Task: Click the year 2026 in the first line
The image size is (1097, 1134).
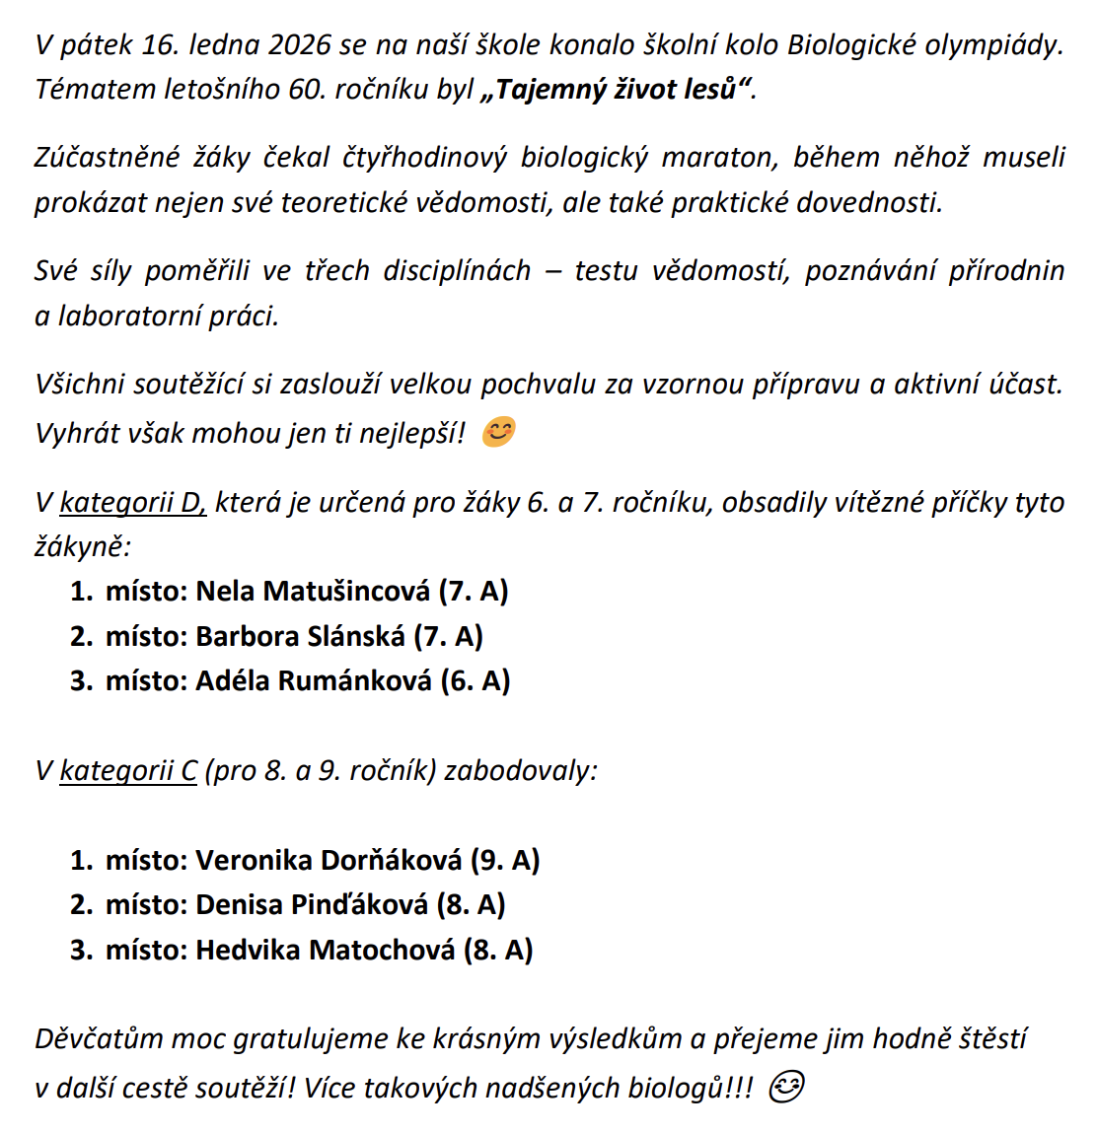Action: [299, 45]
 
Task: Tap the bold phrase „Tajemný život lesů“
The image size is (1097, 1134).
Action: [617, 90]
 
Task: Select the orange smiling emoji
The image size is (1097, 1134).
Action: [498, 432]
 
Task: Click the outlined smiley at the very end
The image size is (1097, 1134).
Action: [785, 1087]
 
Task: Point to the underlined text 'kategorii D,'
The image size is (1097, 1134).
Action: [133, 503]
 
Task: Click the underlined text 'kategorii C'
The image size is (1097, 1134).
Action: [129, 770]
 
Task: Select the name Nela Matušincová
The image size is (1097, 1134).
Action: [313, 592]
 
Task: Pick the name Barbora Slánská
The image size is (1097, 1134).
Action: [300, 636]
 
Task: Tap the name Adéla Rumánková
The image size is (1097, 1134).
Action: [314, 680]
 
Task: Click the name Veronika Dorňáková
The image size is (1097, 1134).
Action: [329, 860]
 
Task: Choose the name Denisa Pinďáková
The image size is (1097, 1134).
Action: [312, 904]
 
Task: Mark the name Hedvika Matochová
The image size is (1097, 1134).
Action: [326, 950]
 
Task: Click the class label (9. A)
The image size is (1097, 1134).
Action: [505, 860]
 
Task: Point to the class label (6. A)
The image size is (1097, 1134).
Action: [475, 680]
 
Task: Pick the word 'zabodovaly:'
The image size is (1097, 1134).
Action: [521, 770]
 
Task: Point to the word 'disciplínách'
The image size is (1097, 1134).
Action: [458, 271]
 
